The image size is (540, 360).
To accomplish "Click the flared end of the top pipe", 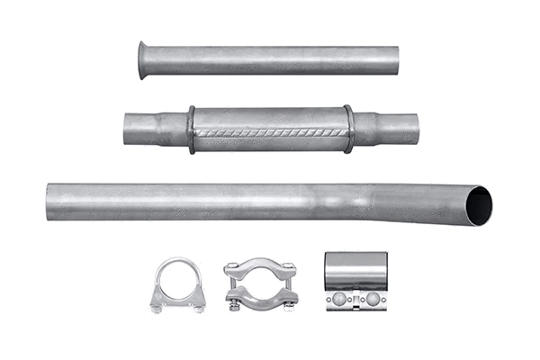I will click(x=144, y=59).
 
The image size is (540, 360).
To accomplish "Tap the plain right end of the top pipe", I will click(x=396, y=60).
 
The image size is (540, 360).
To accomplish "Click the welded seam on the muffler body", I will click(x=270, y=132).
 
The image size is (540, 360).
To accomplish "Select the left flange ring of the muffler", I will click(x=191, y=130).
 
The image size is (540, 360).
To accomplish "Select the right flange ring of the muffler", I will click(x=348, y=129).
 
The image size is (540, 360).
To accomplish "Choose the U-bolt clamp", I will click(x=177, y=284).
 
